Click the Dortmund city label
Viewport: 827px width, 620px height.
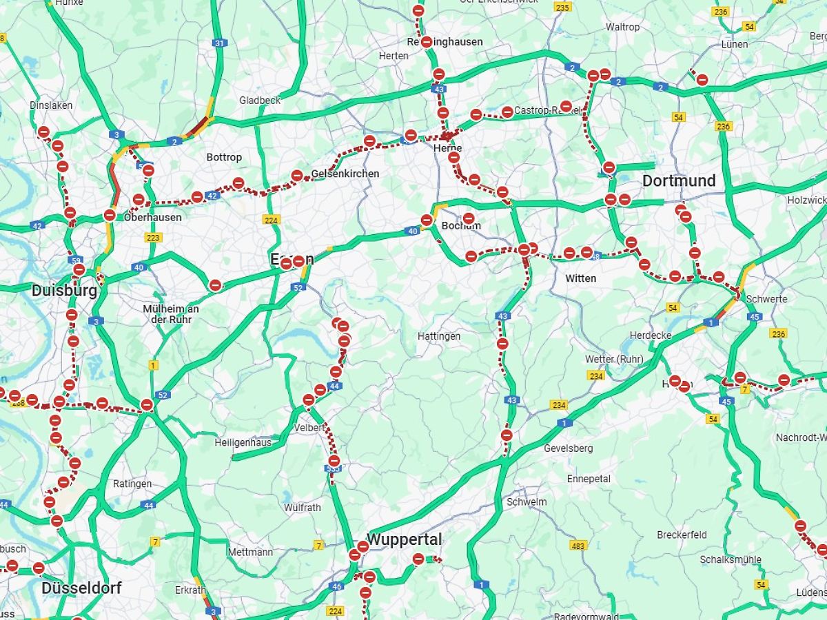click(x=679, y=181)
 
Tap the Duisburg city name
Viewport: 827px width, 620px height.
click(x=64, y=291)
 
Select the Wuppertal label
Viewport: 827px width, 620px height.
click(x=404, y=539)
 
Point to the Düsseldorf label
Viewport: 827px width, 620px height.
click(x=81, y=588)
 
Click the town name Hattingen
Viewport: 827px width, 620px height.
click(x=439, y=336)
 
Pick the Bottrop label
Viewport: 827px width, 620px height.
click(x=224, y=157)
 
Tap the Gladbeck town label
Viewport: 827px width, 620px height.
click(x=260, y=101)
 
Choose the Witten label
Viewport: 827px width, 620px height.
click(x=580, y=278)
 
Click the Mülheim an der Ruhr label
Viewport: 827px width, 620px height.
click(x=170, y=314)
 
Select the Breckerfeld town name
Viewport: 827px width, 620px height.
click(x=682, y=535)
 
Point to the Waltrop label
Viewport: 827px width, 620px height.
click(x=622, y=27)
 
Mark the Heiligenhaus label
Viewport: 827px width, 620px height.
click(x=243, y=442)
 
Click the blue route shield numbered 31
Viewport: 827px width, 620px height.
click(x=219, y=43)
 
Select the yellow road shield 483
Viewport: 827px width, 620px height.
click(x=579, y=545)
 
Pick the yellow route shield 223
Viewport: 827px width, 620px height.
click(x=153, y=238)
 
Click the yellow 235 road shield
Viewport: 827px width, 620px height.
click(x=562, y=8)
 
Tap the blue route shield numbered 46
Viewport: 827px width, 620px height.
click(x=337, y=586)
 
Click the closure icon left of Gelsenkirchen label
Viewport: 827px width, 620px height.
click(x=297, y=176)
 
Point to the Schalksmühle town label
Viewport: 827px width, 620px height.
click(x=730, y=559)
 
